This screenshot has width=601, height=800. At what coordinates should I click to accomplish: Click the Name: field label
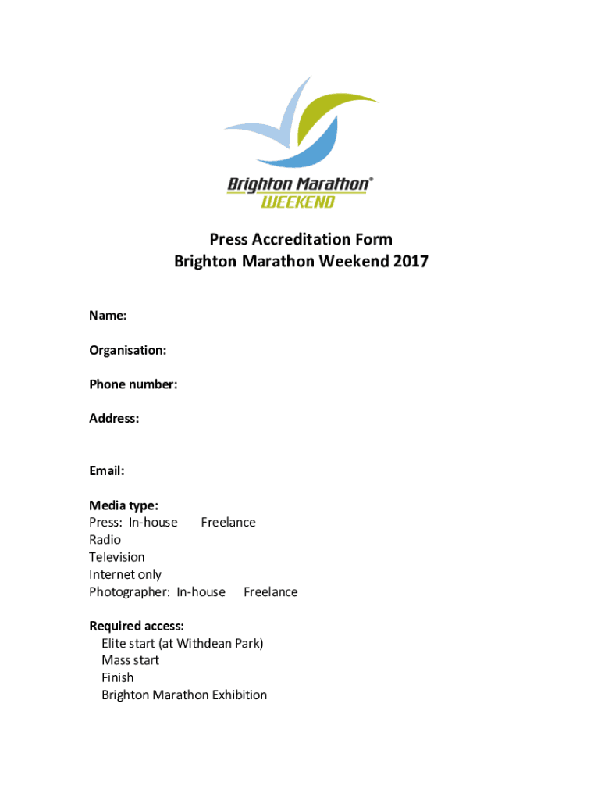108,316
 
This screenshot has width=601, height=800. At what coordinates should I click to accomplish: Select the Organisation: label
127,350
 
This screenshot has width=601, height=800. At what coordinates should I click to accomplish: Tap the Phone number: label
133,384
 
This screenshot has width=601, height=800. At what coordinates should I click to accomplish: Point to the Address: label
114,419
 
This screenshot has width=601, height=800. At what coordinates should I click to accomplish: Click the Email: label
107,471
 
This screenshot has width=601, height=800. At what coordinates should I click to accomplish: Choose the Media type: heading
123,505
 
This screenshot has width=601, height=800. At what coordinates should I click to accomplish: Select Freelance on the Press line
228,523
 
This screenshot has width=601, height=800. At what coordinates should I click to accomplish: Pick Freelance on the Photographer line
270,592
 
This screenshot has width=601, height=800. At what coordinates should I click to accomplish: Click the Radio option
105,540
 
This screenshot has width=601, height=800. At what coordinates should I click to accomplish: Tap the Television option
116,557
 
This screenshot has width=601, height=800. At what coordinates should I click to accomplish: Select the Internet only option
125,575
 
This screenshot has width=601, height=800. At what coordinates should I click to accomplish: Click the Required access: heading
137,626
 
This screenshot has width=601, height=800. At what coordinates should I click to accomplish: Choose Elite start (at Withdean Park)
182,644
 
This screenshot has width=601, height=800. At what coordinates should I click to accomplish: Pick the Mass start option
130,661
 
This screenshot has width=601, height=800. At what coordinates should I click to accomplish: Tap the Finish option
117,678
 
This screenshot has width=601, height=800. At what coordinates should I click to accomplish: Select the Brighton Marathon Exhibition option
183,695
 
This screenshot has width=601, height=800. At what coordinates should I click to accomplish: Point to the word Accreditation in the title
299,239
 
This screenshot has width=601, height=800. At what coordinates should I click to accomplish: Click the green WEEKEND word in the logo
297,202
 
